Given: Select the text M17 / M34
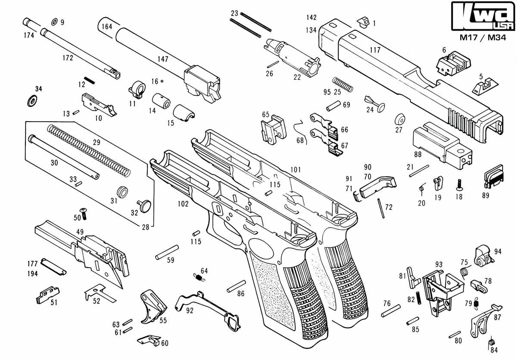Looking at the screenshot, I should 483,38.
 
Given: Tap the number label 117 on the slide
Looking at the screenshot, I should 375,50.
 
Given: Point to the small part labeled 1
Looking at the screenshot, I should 364,21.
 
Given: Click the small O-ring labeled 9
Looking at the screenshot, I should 54,22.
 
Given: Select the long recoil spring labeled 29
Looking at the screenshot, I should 88,150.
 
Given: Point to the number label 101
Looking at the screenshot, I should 295,169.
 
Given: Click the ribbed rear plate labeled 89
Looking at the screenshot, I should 493,178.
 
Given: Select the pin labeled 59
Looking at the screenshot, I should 167,252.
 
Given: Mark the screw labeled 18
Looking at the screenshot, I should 459,184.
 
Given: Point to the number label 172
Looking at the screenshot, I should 68,58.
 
